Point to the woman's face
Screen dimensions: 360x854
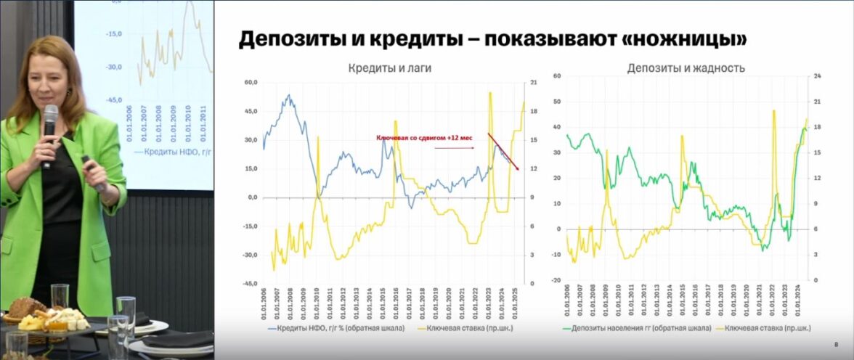coord(48,80)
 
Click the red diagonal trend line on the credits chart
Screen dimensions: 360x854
coord(503,152)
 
